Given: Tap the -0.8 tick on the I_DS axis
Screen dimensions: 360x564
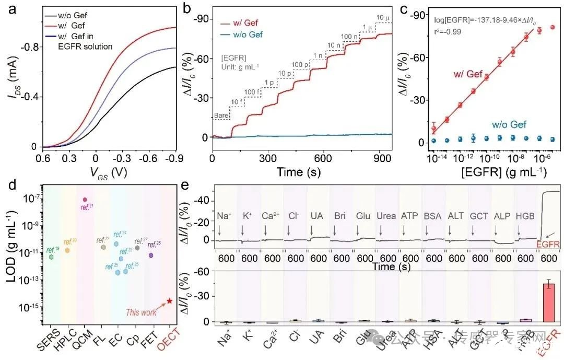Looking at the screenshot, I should pyautogui.click(x=29, y=47).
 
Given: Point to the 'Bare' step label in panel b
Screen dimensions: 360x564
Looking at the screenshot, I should pyautogui.click(x=221, y=115).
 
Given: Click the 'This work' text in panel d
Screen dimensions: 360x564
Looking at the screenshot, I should pyautogui.click(x=141, y=312).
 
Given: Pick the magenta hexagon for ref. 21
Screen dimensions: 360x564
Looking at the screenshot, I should pyautogui.click(x=85, y=200).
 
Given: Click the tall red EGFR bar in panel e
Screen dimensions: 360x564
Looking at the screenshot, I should pyautogui.click(x=548, y=303).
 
